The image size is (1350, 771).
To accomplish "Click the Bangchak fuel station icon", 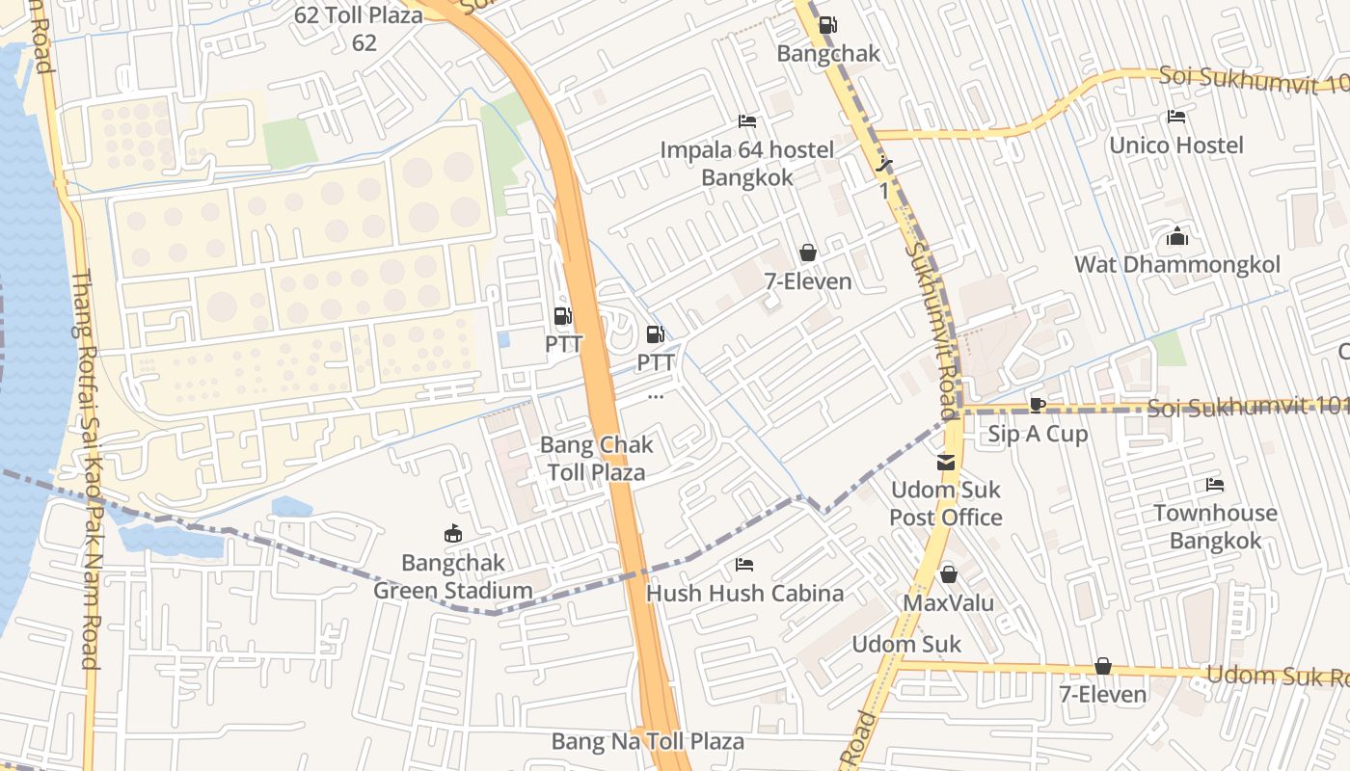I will (x=827, y=26).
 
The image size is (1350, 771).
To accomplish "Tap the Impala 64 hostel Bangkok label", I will (x=747, y=163).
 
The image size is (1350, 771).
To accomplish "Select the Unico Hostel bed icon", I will (x=1175, y=118).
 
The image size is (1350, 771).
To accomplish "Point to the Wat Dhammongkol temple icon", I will (x=1176, y=237).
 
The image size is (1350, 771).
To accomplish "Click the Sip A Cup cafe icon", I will (x=1038, y=405).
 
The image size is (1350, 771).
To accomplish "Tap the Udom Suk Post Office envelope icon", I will (x=946, y=464).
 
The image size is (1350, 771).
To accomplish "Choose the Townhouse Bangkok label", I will (x=1215, y=526).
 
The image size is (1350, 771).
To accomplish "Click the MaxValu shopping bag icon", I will (x=949, y=575).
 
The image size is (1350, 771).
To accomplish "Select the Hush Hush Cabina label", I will (x=744, y=593).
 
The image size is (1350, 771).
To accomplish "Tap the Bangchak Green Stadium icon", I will (x=452, y=534).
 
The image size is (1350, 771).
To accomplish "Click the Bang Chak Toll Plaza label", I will (x=596, y=459).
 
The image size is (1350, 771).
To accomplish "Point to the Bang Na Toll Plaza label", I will (x=647, y=741).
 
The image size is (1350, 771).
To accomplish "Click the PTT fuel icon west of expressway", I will (x=561, y=316).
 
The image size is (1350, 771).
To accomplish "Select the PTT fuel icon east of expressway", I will (x=655, y=335).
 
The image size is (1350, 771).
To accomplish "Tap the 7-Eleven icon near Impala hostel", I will (x=808, y=253).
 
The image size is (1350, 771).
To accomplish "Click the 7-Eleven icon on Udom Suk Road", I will (x=1102, y=667).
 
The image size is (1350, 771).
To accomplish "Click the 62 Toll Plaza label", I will (x=359, y=29).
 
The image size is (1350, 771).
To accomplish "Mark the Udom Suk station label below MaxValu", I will (x=906, y=644).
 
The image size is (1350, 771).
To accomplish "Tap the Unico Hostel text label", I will (x=1175, y=146).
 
